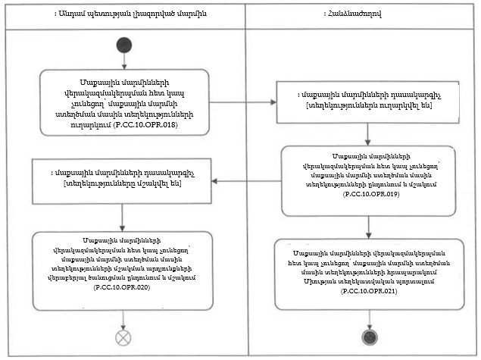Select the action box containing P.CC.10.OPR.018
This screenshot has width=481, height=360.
tap(123, 100)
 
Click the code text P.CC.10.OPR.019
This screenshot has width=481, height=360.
tap(367, 195)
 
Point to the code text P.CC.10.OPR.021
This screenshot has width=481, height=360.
tap(369, 291)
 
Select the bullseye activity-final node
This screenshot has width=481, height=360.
tap(369, 336)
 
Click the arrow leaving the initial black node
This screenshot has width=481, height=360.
tap(123, 61)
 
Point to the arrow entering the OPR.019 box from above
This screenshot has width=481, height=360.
tap(367, 133)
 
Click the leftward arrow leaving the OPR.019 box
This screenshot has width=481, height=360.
tap(246, 180)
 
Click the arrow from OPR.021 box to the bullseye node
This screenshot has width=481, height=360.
tap(369, 318)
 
